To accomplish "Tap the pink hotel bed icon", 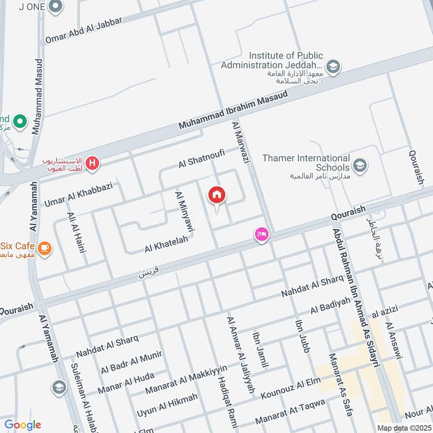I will (261, 234).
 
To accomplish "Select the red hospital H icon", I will (93, 163).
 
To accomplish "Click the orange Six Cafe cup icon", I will (45, 248).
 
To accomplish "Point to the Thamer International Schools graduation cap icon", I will (359, 165).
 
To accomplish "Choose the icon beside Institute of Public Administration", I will (333, 67).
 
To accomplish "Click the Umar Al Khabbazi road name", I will (78, 194).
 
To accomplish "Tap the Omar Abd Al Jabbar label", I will (84, 30).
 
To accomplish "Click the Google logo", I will (23, 425).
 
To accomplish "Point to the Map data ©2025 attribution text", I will (404, 428).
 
